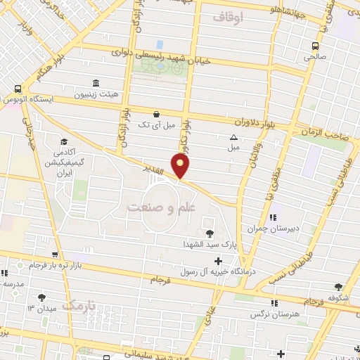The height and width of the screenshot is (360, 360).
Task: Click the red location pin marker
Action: coord(181,165)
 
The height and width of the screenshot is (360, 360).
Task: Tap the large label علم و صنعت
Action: coord(161,207)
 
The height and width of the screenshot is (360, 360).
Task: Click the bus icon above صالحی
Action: coord(314,46)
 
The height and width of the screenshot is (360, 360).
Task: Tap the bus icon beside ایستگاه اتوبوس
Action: coord(18,89)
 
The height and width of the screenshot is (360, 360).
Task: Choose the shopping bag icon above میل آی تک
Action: coord(155,113)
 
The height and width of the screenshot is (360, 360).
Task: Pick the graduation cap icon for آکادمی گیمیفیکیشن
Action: coord(64,141)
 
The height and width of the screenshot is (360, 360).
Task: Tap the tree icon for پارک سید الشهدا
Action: coord(209,233)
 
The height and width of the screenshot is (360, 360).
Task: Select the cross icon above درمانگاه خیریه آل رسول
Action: coord(218,261)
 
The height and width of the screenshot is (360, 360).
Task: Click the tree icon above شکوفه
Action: coord(339,286)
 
